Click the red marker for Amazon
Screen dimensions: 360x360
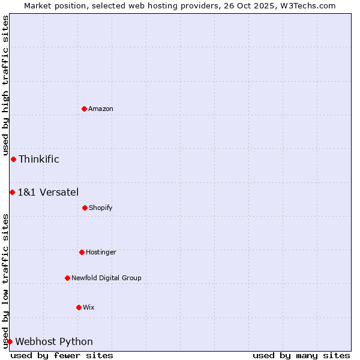click(84, 109)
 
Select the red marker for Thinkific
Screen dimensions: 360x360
click(13, 159)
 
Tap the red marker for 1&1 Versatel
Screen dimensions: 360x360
click(12, 192)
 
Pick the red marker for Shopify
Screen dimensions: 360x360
click(85, 208)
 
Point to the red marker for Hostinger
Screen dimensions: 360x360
click(82, 252)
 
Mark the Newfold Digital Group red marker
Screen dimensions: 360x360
click(67, 278)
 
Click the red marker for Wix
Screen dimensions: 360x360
click(79, 307)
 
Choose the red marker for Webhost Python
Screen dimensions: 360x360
click(10, 341)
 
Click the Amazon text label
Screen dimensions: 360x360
click(101, 109)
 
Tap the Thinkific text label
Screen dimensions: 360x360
click(39, 159)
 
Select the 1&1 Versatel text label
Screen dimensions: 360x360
click(48, 192)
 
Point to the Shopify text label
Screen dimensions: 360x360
click(101, 208)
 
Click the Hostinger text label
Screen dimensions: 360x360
click(101, 253)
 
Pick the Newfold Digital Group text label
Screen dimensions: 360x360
click(106, 278)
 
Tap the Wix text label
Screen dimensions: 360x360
click(89, 308)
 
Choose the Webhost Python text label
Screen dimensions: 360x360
click(54, 342)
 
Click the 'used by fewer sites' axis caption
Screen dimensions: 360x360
click(62, 355)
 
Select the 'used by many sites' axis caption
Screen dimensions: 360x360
click(301, 355)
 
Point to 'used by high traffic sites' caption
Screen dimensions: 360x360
click(5, 85)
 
